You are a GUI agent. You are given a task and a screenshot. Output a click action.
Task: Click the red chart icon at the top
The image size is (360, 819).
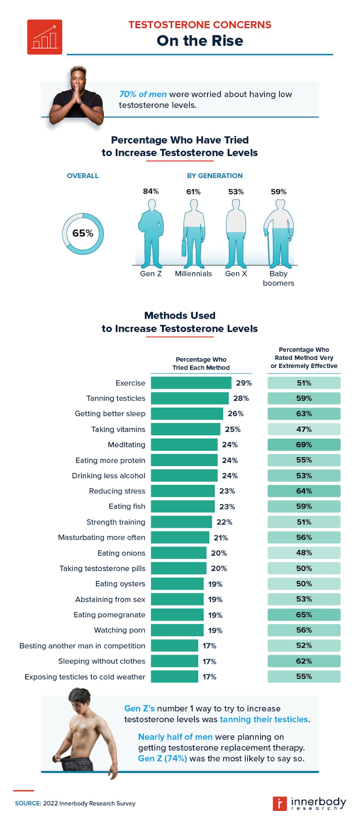pyautogui.click(x=44, y=37)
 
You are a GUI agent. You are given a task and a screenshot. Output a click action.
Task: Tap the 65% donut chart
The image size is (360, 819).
pyautogui.click(x=83, y=234)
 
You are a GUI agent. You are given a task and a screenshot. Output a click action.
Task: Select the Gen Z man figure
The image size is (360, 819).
pyautogui.click(x=151, y=234)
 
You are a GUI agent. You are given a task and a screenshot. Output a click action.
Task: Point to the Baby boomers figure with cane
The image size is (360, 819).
pyautogui.click(x=278, y=234)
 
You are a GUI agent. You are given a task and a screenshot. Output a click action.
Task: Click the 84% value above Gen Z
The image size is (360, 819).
pyautogui.click(x=151, y=191)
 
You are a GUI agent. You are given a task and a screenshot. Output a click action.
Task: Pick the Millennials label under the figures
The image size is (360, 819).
pyautogui.click(x=193, y=274)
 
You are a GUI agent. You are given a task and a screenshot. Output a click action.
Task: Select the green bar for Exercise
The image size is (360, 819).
pyautogui.click(x=191, y=383)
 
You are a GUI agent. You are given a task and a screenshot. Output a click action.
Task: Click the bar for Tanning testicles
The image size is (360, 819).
pyautogui.click(x=190, y=398)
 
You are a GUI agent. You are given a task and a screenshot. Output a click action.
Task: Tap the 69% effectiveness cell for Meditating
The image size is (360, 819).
pyautogui.click(x=304, y=445)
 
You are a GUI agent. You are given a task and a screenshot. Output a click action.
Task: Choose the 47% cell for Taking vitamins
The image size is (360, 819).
pyautogui.click(x=304, y=429)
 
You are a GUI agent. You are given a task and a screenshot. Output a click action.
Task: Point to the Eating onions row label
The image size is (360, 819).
pyautogui.click(x=121, y=553)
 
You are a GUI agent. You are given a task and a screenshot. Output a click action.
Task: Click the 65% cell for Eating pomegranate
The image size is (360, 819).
pyautogui.click(x=304, y=615)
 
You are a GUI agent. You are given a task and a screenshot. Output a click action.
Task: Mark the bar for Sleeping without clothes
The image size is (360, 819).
pyautogui.click(x=174, y=661)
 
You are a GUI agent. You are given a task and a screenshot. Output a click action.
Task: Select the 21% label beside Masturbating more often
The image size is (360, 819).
pyautogui.click(x=221, y=537)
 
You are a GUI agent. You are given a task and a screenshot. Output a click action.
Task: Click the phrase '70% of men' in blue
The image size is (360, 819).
pyautogui.click(x=143, y=94)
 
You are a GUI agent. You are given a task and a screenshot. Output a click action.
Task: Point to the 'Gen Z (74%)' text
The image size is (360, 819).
pyautogui.click(x=162, y=758)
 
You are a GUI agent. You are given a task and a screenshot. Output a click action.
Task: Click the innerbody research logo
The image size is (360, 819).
pyautogui.click(x=309, y=803)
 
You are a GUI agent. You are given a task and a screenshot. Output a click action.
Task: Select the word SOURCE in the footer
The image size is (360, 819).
pyautogui.click(x=28, y=803)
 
